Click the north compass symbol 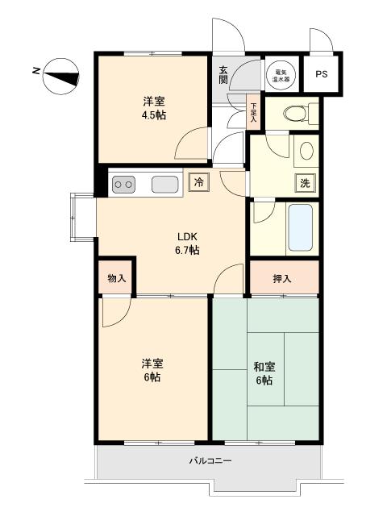pyautogui.click(x=61, y=77)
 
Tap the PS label pyautogui.click(x=322, y=74)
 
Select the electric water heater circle pyautogui.click(x=281, y=74)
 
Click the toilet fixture pyautogui.click(x=300, y=113)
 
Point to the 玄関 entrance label pyautogui.click(x=223, y=75)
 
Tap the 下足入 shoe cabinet pyautogui.click(x=253, y=111)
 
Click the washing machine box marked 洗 pyautogui.click(x=305, y=183)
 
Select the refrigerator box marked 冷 pyautogui.click(x=198, y=182)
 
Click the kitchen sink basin pyautogui.click(x=164, y=184)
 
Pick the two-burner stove pyautogui.click(x=123, y=185)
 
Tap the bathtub pyautogui.click(x=300, y=227)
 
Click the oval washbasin pyautogui.click(x=306, y=151)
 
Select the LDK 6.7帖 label pyautogui.click(x=187, y=243)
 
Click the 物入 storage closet pyautogui.click(x=116, y=278)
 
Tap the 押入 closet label pyautogui.click(x=282, y=279)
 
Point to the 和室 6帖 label pyautogui.click(x=264, y=373)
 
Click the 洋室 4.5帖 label pyautogui.click(x=154, y=108)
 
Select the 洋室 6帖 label pyautogui.click(x=152, y=370)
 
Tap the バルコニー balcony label pyautogui.click(x=210, y=460)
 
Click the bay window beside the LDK pyautogui.click(x=82, y=217)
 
